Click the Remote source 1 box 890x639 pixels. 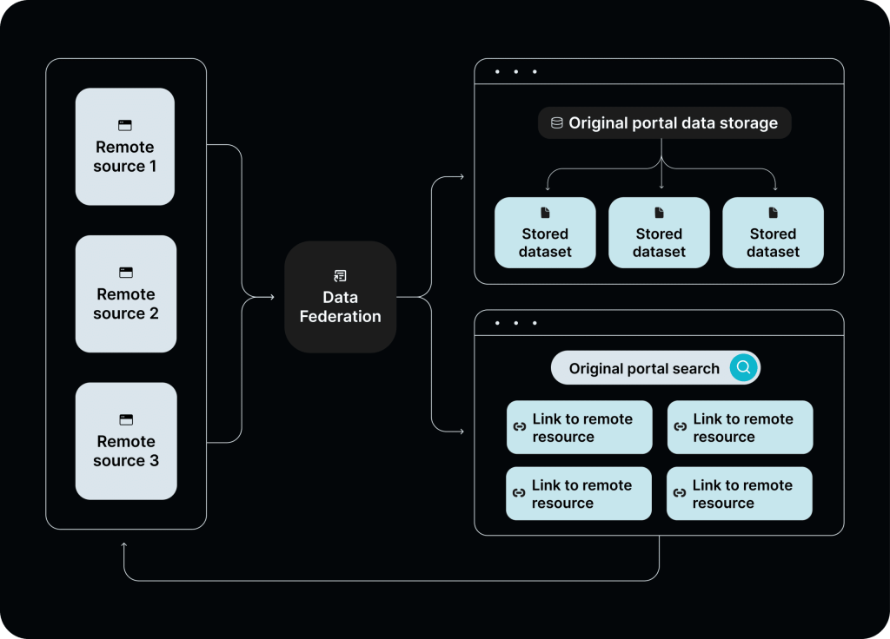click(125, 147)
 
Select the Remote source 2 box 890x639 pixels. click(125, 294)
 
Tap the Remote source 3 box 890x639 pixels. click(125, 441)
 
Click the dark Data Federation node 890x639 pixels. click(340, 298)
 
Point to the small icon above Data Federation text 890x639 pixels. click(340, 276)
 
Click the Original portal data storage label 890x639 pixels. click(673, 123)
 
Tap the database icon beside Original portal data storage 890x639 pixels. click(556, 123)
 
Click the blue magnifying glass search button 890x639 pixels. click(743, 368)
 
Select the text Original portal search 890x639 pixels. click(644, 369)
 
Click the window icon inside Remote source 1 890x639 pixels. click(125, 126)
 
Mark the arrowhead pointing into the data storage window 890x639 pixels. click(461, 177)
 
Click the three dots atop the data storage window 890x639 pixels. click(515, 71)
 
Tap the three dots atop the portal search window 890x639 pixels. click(515, 323)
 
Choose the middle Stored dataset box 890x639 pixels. click(659, 233)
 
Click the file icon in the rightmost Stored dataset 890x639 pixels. click(773, 213)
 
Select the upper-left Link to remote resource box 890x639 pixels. click(579, 427)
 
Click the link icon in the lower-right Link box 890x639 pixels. click(680, 493)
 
